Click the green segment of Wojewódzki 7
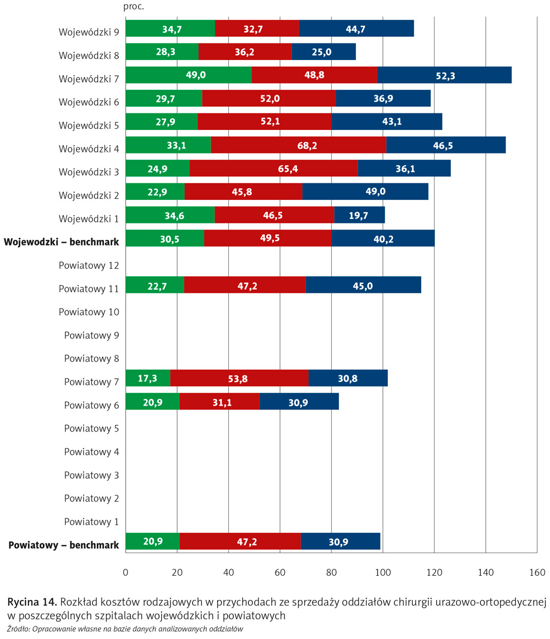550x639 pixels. click(188, 75)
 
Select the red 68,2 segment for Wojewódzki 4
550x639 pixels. click(298, 145)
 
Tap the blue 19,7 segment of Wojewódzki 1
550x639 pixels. click(359, 215)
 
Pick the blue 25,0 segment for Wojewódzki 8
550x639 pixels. click(323, 52)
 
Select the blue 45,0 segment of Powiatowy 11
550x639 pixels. click(363, 285)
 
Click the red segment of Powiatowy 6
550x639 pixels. click(219, 402)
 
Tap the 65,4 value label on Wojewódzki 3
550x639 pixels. click(273, 168)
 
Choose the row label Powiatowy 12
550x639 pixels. click(89, 265)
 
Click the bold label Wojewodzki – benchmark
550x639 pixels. click(62, 242)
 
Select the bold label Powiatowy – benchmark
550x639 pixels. click(64, 545)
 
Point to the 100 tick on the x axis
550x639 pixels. click(383, 572)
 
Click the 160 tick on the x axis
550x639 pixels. click(537, 572)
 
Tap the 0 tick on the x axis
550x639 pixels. click(126, 572)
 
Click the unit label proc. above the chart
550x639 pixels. click(134, 7)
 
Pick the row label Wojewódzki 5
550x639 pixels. click(89, 125)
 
